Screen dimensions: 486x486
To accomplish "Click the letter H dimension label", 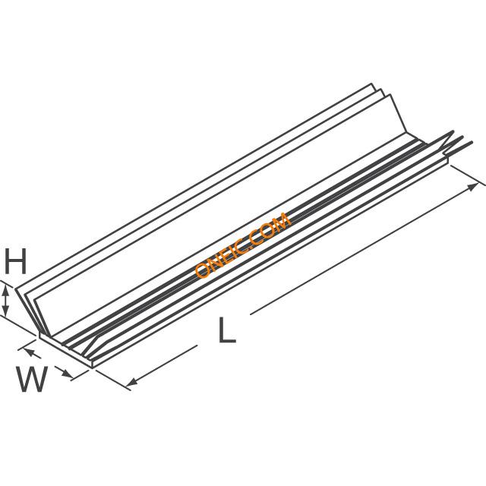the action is click(15, 261).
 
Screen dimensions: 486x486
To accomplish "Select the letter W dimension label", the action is click(32, 379).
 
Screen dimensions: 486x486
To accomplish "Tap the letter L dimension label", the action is click(227, 330).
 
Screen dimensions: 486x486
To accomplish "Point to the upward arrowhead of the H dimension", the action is click(5, 292).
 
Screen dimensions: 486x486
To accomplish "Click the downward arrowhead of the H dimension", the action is click(5, 309).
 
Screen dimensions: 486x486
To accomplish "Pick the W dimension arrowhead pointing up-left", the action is click(28, 352).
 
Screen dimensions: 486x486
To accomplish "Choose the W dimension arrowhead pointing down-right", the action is click(67, 373).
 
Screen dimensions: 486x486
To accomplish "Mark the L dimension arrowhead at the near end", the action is click(131, 381).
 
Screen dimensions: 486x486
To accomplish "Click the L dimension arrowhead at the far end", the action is click(472, 187).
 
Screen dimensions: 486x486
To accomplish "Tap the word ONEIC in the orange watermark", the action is click(222, 257).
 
